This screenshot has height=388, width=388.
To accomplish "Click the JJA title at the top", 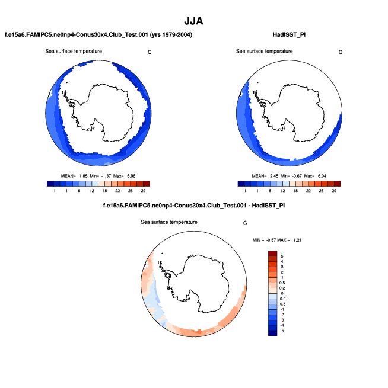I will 193,21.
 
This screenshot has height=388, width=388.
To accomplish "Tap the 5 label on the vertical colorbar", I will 282,255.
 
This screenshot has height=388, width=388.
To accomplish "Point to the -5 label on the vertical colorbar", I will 282,331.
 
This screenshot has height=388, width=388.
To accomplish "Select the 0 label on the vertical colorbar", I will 282,293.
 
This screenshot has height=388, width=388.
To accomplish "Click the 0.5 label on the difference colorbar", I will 284,283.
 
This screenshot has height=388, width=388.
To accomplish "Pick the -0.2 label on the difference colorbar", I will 284,299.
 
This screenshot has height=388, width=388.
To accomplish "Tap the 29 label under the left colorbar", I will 143,191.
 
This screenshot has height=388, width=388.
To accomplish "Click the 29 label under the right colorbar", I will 334,191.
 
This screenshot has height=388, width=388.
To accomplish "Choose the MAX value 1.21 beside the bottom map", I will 298,239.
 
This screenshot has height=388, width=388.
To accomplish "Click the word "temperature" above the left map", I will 87,51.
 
